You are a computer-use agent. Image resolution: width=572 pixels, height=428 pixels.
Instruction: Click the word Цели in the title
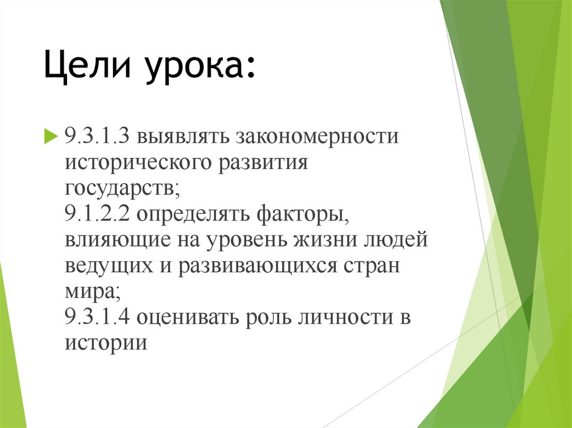(89, 69)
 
